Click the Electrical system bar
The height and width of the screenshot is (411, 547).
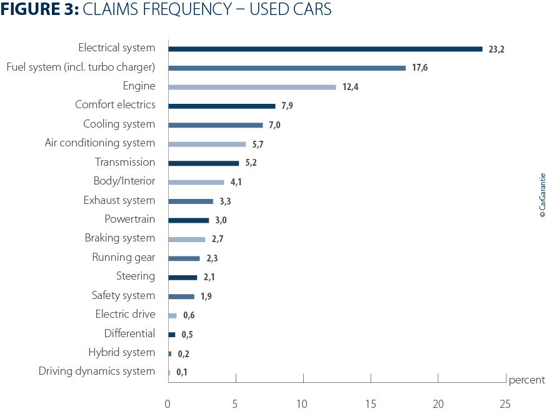[325, 49]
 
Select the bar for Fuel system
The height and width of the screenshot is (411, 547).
[287, 68]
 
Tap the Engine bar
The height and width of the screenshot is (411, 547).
[252, 87]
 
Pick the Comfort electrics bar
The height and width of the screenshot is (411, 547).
[221, 106]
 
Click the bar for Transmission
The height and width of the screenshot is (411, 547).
[203, 163]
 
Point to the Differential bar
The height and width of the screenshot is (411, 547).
[172, 335]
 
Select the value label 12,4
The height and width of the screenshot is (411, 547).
[350, 87]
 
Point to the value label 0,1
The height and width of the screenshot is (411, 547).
[182, 373]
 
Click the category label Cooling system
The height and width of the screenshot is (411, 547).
[119, 124]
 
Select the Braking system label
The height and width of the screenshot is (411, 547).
[119, 238]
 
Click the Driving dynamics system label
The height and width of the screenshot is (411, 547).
[97, 372]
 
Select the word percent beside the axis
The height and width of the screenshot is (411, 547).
[526, 380]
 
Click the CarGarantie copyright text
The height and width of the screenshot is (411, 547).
[542, 195]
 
